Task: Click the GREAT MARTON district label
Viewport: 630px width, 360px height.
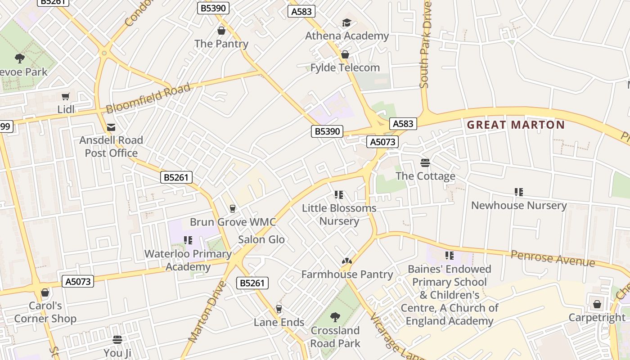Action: tap(516, 125)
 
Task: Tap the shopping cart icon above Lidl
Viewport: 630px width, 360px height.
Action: tap(66, 96)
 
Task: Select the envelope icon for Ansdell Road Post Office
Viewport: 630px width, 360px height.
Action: tap(111, 127)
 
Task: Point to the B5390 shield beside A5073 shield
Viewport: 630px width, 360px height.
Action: tap(327, 131)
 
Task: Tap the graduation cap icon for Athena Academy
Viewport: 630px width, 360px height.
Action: tap(346, 23)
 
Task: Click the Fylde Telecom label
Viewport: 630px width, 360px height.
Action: tap(345, 67)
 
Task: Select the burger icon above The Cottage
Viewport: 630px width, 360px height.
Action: tap(425, 162)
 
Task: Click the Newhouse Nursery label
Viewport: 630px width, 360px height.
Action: tap(519, 205)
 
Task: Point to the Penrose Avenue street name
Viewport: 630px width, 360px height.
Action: tap(553, 259)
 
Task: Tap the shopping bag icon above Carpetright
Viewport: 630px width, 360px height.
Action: tap(597, 305)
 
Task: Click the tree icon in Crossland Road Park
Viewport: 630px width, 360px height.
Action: tap(335, 317)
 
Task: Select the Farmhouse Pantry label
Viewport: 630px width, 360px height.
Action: tap(347, 274)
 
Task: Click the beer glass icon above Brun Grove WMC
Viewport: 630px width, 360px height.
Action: tap(233, 208)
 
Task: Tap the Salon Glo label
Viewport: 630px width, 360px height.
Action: tap(261, 239)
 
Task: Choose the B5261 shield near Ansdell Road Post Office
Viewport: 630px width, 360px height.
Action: tap(176, 177)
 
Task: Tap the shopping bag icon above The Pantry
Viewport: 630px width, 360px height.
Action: tap(221, 31)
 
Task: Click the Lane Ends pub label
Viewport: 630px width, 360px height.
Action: tap(279, 322)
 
